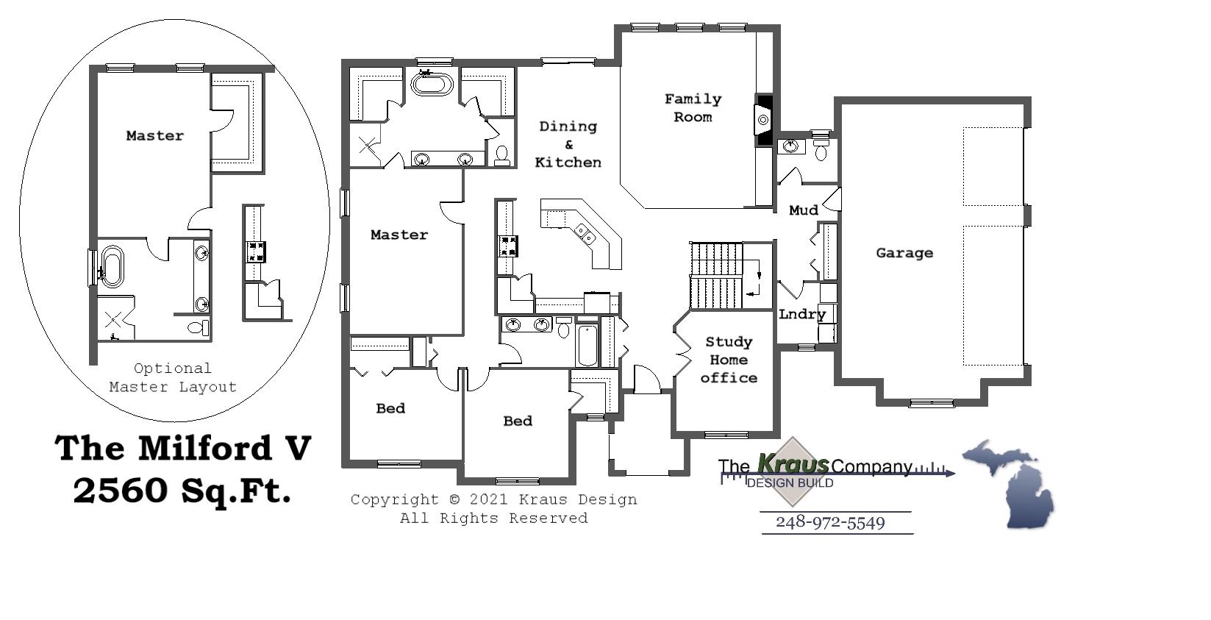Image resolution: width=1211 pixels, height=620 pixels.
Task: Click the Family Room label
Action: click(x=693, y=108)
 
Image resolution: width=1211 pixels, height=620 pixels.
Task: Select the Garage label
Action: click(x=904, y=253)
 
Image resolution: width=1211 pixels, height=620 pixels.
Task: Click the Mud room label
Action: click(x=803, y=210)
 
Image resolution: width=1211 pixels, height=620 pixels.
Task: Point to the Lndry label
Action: click(x=801, y=314)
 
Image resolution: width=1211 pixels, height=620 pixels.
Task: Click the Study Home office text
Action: click(x=728, y=360)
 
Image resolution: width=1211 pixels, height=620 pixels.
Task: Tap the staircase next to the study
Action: click(x=717, y=276)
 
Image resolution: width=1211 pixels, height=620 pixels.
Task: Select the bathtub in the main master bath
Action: click(x=432, y=83)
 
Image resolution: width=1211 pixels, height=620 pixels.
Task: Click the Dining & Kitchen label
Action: click(x=568, y=144)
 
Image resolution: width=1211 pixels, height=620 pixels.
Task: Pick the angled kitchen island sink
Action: click(x=585, y=234)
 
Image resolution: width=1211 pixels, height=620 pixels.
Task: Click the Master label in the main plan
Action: click(x=399, y=235)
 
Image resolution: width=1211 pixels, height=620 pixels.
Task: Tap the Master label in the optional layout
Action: click(x=154, y=135)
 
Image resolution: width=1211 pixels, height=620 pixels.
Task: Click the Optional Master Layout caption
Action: click(x=173, y=377)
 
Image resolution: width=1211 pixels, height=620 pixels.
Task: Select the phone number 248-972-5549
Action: click(x=830, y=523)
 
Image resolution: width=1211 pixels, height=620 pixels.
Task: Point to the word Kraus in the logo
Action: click(x=793, y=464)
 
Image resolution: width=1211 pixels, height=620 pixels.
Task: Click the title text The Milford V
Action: click(x=183, y=448)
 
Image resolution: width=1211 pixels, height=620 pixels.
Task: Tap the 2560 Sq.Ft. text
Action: click(x=182, y=491)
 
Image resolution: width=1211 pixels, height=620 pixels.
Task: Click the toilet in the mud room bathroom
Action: click(x=821, y=152)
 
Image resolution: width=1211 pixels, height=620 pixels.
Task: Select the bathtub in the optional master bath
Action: click(x=112, y=267)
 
